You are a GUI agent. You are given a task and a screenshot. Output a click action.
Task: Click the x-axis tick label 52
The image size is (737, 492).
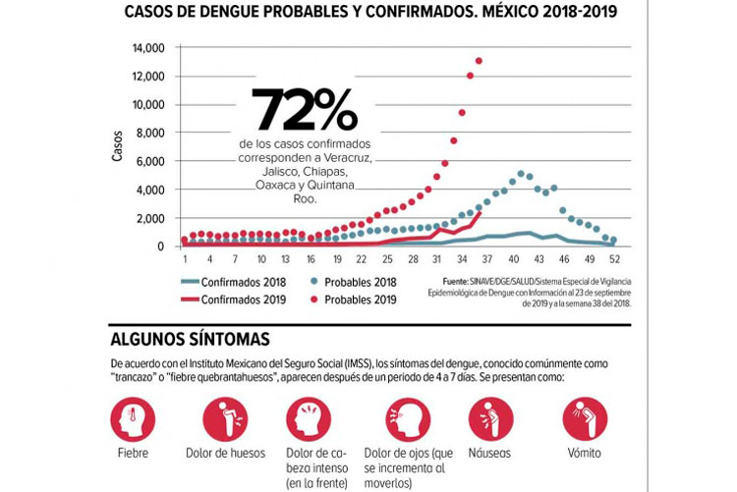[614, 259]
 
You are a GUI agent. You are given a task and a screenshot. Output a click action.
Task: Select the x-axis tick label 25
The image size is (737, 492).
[387, 259]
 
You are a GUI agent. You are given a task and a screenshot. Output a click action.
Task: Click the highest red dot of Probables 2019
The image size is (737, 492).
[479, 61]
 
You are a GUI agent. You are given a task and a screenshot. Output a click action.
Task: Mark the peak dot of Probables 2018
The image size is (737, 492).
[521, 174]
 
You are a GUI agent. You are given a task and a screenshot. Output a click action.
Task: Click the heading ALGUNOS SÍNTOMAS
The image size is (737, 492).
[190, 339]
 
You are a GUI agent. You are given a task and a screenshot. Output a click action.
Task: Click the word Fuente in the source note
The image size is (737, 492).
[458, 281]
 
